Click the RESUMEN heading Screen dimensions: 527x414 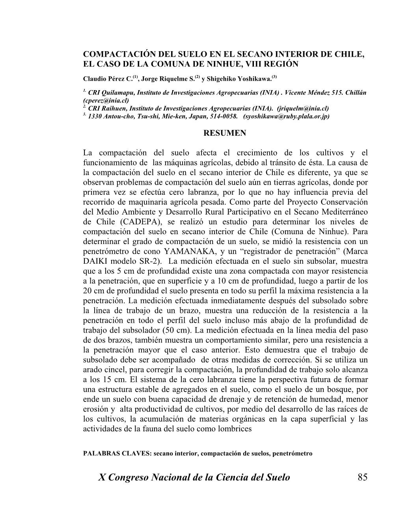click(224, 133)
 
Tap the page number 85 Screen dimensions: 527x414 click(362, 477)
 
